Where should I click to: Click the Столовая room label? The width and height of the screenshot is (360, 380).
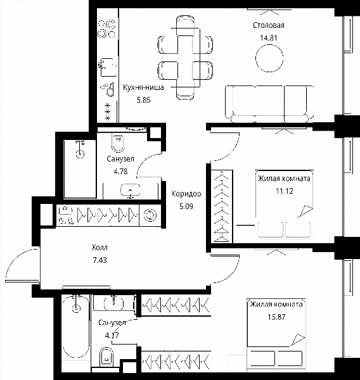(x=269, y=25)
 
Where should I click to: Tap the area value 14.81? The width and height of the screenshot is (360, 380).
(x=269, y=38)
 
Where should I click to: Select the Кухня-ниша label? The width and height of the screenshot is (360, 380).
(x=143, y=87)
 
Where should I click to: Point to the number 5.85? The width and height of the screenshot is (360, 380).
(x=144, y=100)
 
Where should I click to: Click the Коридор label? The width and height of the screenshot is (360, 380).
(x=186, y=194)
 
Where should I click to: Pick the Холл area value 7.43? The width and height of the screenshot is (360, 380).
(x=100, y=260)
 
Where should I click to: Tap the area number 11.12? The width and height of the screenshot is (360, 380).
(x=285, y=191)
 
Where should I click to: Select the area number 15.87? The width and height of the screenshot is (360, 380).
(x=276, y=317)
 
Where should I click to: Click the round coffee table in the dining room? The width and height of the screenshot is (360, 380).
(x=269, y=58)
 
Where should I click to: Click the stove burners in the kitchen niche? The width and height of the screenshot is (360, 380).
(x=106, y=29)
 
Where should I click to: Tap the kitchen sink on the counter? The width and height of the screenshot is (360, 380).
(x=108, y=67)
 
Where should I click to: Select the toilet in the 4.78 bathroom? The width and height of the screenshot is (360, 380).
(x=118, y=143)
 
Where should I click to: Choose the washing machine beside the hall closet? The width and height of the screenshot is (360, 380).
(x=150, y=215)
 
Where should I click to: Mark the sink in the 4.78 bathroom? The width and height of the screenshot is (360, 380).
(x=131, y=191)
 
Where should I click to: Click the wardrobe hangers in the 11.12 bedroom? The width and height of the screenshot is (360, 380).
(x=221, y=206)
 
